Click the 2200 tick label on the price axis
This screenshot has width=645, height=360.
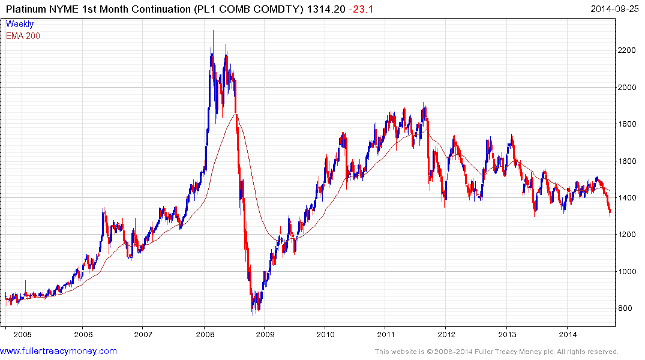629,50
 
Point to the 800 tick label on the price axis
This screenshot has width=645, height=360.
626,308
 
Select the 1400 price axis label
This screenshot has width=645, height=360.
629,198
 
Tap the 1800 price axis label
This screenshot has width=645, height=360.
629,124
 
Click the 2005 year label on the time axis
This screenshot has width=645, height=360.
22,334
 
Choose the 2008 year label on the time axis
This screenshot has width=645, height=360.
205,334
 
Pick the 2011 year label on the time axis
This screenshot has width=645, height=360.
385,334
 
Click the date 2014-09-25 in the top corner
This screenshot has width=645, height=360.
614,8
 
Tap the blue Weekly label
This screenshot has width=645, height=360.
20,24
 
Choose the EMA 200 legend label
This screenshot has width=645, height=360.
23,35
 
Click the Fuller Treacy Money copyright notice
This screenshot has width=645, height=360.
496,352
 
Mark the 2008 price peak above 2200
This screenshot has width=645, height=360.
213,31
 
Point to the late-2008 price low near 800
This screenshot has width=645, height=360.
253,313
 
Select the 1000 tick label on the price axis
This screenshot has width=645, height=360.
629,272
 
